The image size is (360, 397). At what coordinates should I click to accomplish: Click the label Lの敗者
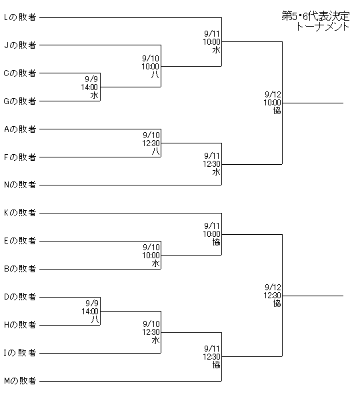(x=20, y=17)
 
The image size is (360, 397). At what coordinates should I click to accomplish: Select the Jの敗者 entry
(x=20, y=45)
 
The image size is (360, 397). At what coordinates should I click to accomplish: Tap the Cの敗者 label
(x=20, y=73)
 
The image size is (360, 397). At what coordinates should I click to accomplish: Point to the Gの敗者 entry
(x=20, y=101)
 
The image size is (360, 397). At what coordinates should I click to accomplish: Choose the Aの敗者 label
(x=20, y=129)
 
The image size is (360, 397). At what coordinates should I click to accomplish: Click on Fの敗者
(x=20, y=157)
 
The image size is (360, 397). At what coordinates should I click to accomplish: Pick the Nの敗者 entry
(x=20, y=185)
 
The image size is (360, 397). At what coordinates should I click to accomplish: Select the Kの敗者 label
(x=20, y=213)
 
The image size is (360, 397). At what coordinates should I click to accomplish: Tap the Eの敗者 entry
(x=20, y=241)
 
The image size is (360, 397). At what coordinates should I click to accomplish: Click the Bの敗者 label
(x=20, y=269)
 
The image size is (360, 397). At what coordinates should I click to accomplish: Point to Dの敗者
(x=20, y=297)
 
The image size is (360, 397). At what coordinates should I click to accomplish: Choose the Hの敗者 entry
(x=20, y=325)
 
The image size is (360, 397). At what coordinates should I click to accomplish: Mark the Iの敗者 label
(x=20, y=353)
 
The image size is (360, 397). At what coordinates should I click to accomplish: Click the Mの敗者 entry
(x=20, y=381)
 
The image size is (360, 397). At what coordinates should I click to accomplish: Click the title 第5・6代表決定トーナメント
(x=316, y=21)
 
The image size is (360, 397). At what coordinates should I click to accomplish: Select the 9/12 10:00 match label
(x=273, y=103)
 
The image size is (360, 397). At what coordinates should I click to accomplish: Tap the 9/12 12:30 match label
(x=273, y=296)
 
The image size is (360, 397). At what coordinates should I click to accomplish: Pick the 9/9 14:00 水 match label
(x=90, y=87)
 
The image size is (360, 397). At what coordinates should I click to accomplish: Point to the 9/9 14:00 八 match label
(x=90, y=312)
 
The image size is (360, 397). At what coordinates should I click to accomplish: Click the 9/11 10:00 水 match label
(x=212, y=42)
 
